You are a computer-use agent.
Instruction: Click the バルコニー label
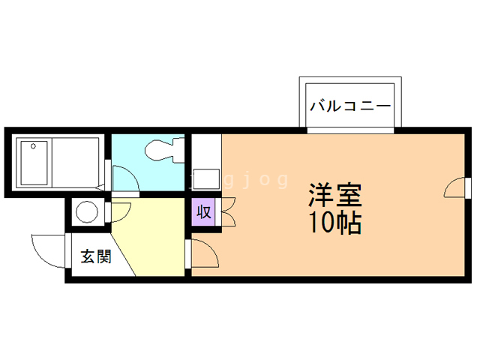tap(350, 106)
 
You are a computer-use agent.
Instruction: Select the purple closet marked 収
tap(203, 211)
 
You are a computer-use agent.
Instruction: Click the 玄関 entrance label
tap(96, 256)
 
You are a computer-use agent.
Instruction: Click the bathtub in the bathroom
tap(55, 161)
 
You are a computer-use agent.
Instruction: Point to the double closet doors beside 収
tap(227, 211)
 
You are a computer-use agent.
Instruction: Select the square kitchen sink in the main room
tap(205, 180)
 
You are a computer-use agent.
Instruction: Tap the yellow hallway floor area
tap(154, 232)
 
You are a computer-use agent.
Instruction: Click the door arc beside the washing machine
tap(120, 210)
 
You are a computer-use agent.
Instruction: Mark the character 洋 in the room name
tap(321, 196)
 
